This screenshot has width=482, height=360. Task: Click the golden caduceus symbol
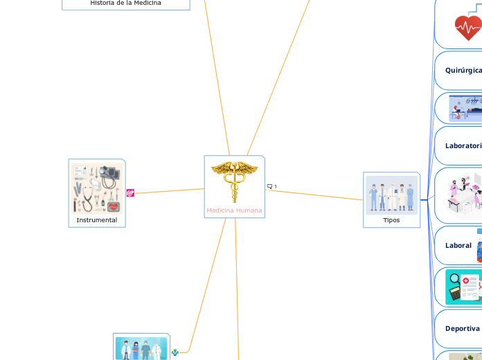tap(234, 181)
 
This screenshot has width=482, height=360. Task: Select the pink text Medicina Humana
tap(234, 210)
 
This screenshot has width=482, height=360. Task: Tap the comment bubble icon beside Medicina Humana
tap(269, 186)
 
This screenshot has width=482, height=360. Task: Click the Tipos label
tap(391, 220)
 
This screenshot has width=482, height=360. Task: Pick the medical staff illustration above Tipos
tap(391, 195)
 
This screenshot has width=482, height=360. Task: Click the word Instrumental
tap(97, 220)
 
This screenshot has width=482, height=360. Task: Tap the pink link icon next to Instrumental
tap(130, 193)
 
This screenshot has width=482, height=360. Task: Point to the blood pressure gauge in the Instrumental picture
tap(108, 174)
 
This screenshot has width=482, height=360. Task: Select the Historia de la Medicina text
tap(125, 3)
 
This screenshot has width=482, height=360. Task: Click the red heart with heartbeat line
tap(467, 28)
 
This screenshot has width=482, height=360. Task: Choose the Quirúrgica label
tap(463, 70)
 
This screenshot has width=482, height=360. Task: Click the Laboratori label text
tap(463, 146)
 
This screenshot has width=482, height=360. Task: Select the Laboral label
tap(458, 245)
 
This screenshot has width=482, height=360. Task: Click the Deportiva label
tap(462, 328)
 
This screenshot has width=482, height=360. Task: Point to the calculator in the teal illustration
tap(454, 294)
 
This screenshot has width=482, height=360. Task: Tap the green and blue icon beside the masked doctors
tap(175, 352)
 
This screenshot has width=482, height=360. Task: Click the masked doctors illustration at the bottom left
tap(141, 348)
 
